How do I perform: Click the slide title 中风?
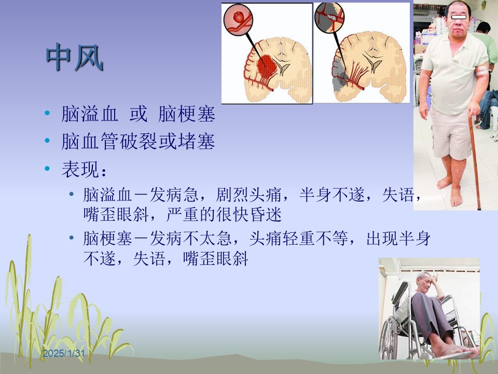tap(75, 57)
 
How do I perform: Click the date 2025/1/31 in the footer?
tap(64, 353)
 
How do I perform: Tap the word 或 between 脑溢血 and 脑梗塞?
tap(139, 114)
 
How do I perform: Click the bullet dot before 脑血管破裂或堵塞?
tap(47, 140)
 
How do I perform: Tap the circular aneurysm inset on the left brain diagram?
tap(238, 19)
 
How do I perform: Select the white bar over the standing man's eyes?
tap(459, 17)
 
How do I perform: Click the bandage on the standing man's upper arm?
tap(481, 70)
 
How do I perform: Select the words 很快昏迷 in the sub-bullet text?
tap(249, 215)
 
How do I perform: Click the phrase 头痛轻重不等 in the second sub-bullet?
tap(299, 238)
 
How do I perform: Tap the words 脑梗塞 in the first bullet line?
tap(187, 114)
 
